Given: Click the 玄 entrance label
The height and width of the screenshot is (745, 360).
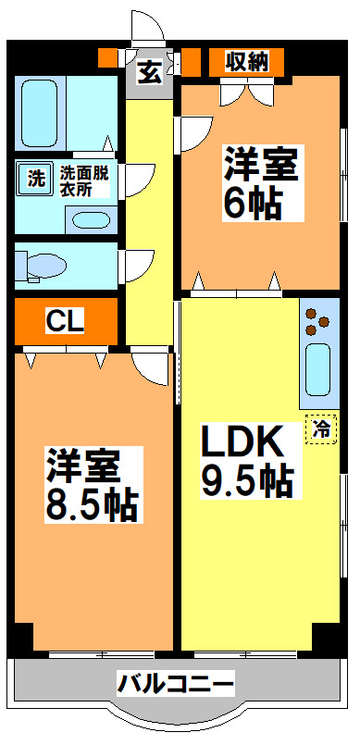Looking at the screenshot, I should [149, 70].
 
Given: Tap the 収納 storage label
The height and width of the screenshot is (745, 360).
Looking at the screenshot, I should [246, 62].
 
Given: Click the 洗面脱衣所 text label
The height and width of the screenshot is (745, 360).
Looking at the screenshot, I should [84, 180].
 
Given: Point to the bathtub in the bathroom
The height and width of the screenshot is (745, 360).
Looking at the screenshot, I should [38, 111].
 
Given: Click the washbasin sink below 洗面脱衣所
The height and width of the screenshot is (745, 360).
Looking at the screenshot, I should [90, 220].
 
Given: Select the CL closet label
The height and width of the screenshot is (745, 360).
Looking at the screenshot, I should [66, 321].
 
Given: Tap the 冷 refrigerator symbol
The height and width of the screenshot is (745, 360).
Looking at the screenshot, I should [321, 428].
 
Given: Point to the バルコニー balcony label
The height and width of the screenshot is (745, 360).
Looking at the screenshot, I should [175, 685].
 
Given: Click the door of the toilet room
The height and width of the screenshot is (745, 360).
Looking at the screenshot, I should [136, 264].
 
